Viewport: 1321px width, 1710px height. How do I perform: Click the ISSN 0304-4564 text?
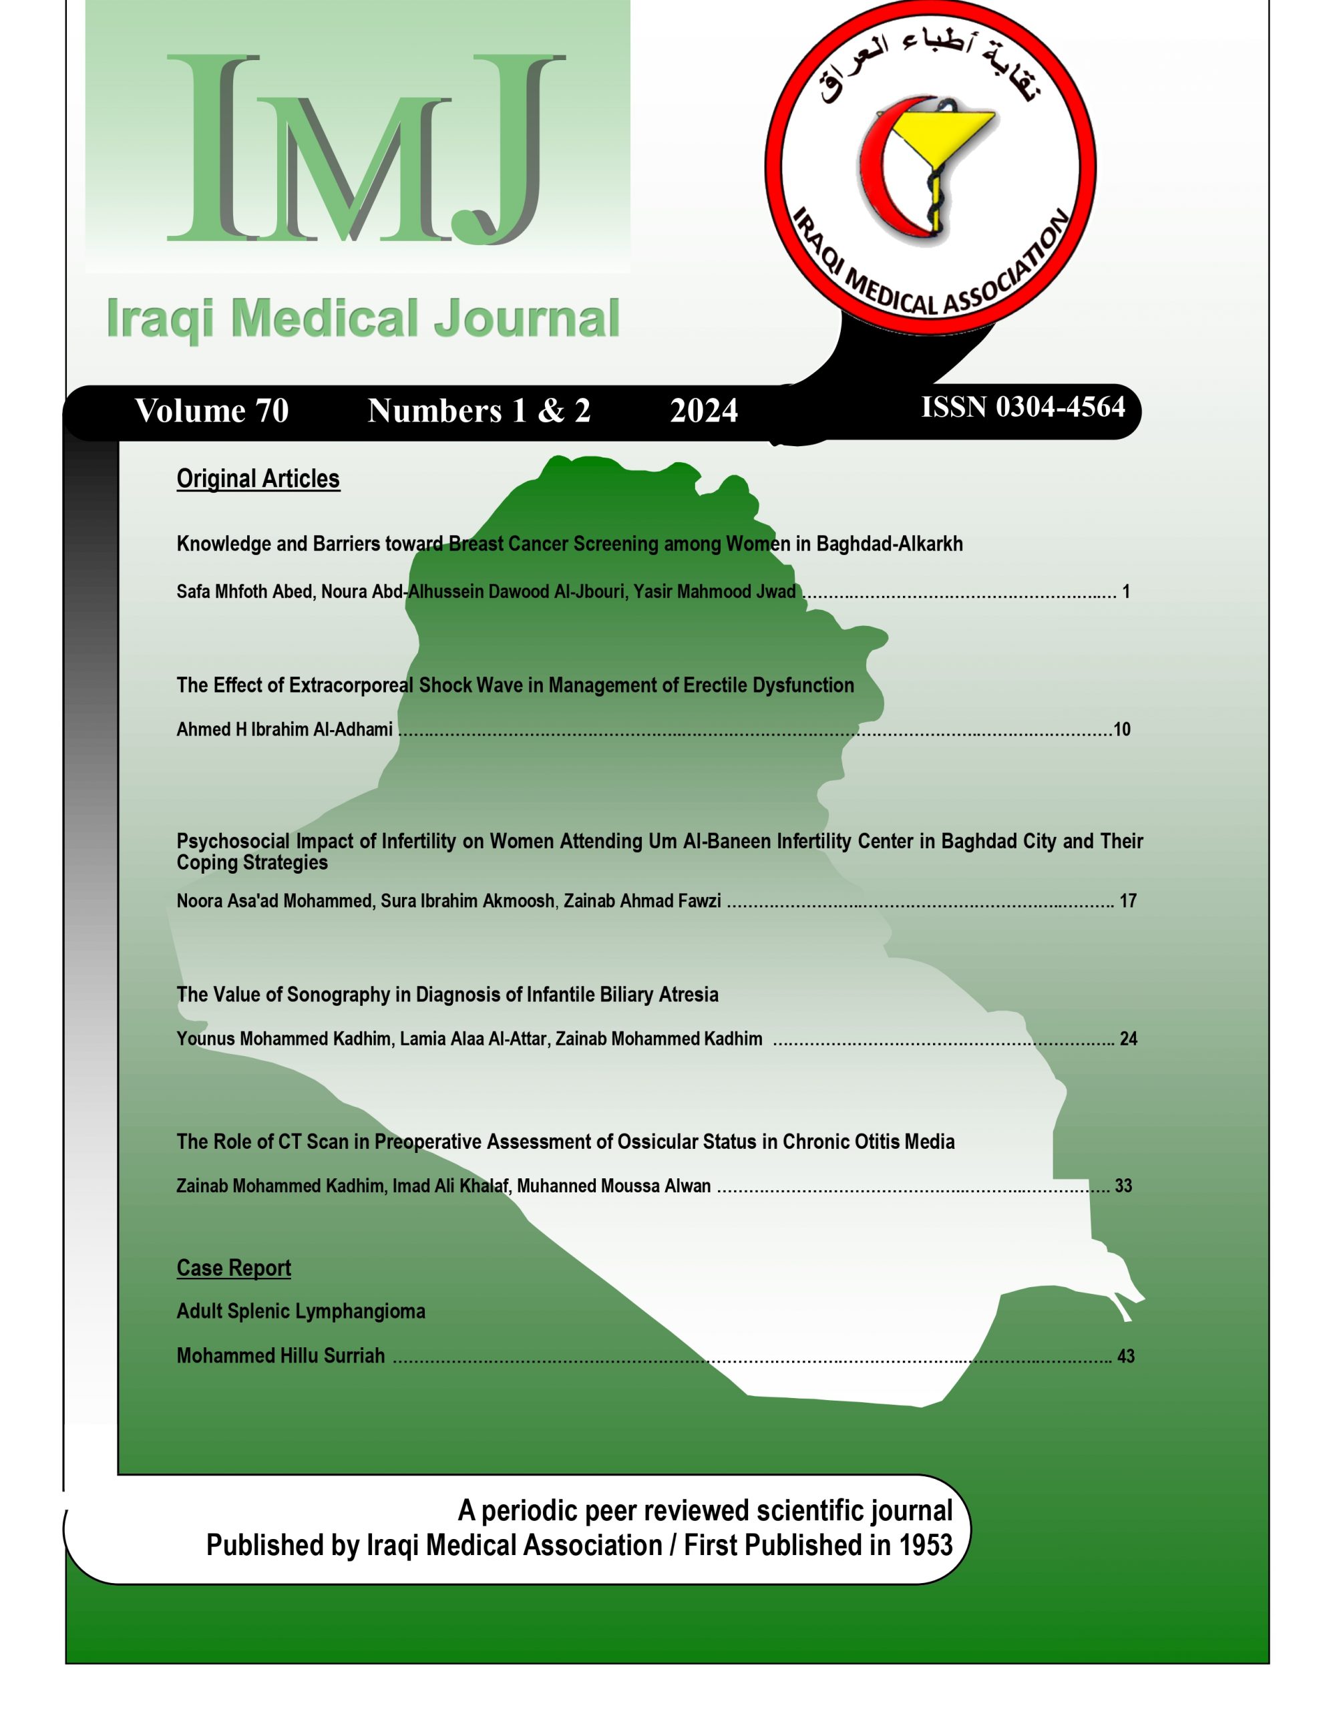[1022, 407]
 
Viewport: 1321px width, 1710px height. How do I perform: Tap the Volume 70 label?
[212, 411]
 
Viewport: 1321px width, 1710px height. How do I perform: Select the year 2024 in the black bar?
[703, 411]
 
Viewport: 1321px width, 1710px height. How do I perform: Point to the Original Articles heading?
[258, 478]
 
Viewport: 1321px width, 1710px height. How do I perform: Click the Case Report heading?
[233, 1268]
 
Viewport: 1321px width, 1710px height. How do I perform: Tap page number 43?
[1125, 1356]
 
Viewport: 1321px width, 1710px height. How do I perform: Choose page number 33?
[1123, 1186]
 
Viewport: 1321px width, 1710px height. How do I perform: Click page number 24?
[1127, 1039]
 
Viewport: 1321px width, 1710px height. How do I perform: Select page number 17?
[1127, 901]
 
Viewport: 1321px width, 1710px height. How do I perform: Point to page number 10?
[1121, 729]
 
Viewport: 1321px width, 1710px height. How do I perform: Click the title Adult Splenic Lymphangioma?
[301, 1311]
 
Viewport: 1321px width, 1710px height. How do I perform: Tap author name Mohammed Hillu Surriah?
[280, 1356]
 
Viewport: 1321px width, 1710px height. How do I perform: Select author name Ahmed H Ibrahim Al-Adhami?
[285, 729]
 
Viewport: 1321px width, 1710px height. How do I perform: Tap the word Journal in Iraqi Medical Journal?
[526, 319]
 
